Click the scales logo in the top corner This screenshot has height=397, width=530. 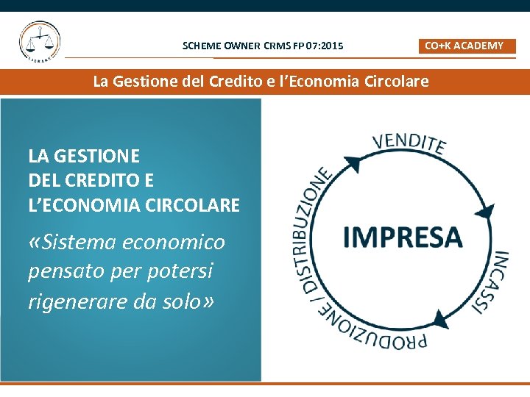coord(40,42)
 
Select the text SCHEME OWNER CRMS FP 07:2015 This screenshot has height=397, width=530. coord(263,46)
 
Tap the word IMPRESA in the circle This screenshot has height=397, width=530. coord(403,237)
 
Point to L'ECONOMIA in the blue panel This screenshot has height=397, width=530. coord(74,205)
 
